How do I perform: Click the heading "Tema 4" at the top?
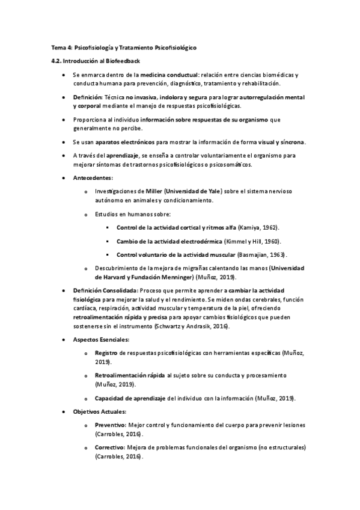click(x=61, y=47)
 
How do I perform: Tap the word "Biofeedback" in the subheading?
click(x=123, y=61)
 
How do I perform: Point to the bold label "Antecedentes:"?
click(x=92, y=179)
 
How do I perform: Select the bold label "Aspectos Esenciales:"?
click(x=97, y=340)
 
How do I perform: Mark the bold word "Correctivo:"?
click(x=109, y=448)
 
